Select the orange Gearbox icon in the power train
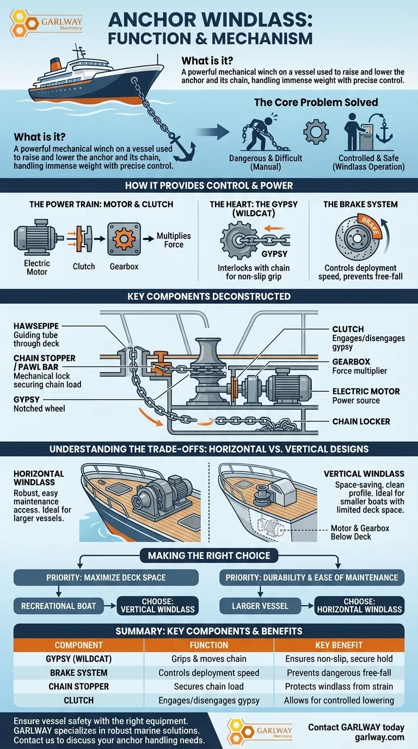click(x=125, y=237)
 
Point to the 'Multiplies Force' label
click(x=174, y=240)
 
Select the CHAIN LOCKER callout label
click(x=361, y=421)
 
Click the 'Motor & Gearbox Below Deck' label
click(x=360, y=532)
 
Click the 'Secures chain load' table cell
click(x=209, y=686)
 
